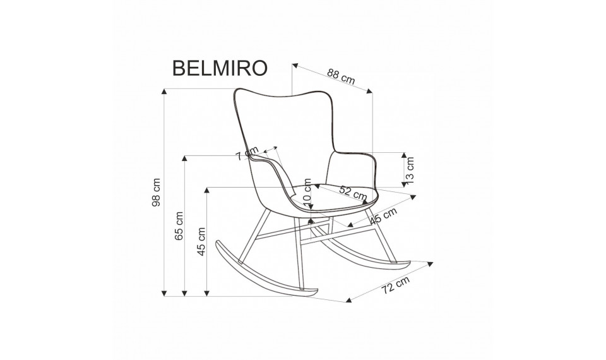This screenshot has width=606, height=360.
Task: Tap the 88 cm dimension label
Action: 340,77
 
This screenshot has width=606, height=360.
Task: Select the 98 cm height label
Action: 157,191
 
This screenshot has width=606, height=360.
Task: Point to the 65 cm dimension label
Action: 179,225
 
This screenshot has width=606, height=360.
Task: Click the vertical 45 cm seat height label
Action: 201,241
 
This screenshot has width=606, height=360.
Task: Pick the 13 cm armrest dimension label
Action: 411,169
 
